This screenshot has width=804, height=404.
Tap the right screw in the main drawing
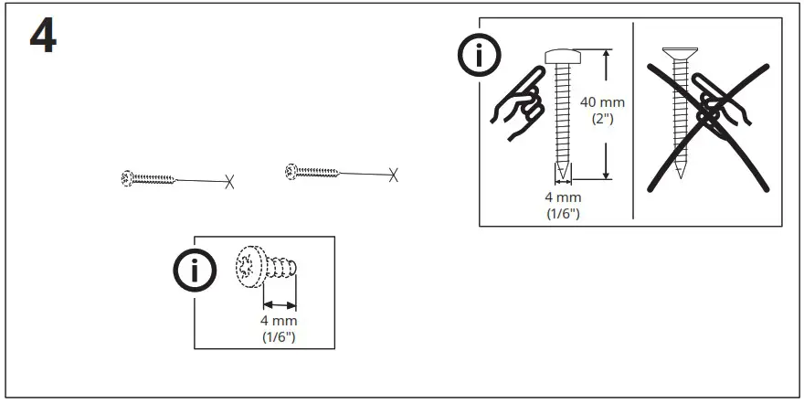pos(313,170)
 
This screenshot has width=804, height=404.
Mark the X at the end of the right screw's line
pos(393,174)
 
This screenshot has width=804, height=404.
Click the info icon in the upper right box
pos(479,58)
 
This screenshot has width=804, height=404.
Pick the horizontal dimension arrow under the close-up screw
pos(280,303)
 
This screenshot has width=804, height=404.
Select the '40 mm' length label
pos(600,102)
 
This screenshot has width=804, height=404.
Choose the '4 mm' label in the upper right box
pos(562,197)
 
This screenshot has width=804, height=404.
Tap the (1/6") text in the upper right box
pos(562,213)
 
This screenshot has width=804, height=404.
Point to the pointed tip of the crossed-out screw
pos(679,174)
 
